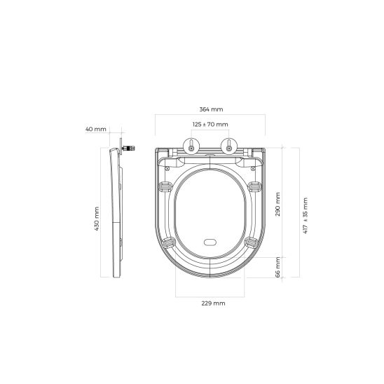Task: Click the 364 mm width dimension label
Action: tap(210, 110)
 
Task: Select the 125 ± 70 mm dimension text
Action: tap(210, 124)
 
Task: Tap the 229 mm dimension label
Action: tap(210, 303)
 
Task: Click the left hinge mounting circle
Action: tap(191, 146)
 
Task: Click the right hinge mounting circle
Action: tap(228, 146)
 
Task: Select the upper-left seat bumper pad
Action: tap(166, 186)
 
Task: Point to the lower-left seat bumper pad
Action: tap(169, 242)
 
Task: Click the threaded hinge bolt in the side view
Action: tap(128, 148)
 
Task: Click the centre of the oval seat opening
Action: tap(210, 210)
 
